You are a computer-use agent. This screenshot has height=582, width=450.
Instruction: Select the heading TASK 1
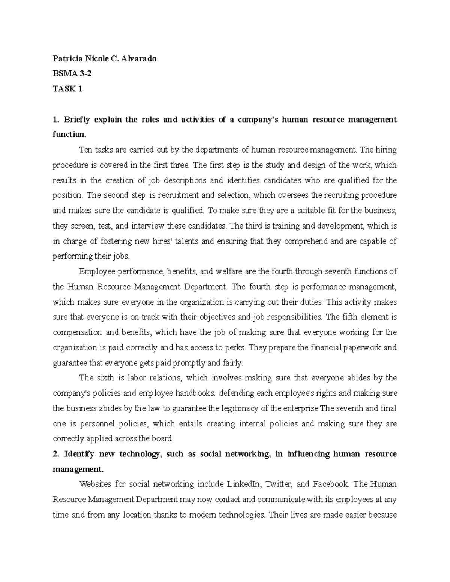[67, 89]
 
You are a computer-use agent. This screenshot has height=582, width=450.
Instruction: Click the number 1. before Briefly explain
[56, 120]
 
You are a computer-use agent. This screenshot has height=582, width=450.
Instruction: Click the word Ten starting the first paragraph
[85, 150]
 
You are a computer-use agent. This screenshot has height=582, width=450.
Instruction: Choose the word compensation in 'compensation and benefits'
[77, 332]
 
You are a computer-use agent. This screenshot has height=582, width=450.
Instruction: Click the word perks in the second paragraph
[235, 348]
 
